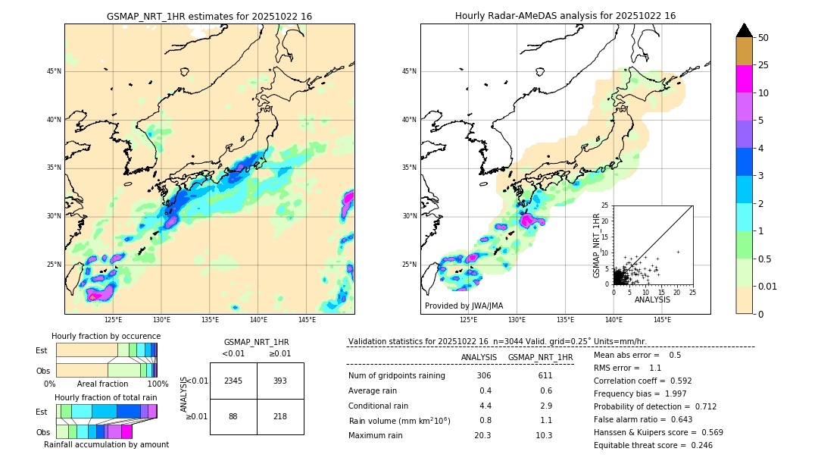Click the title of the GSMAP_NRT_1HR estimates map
tap(209, 16)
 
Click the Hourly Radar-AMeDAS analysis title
tap(565, 16)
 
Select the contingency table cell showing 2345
tap(233, 381)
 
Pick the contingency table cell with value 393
tap(279, 381)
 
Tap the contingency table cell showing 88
tap(233, 416)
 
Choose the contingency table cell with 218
tap(279, 416)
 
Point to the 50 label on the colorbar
tap(763, 38)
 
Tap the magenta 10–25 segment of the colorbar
tap(744, 79)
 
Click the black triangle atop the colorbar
tap(744, 30)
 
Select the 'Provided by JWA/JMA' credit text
tap(464, 306)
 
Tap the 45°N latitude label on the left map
tap(54, 71)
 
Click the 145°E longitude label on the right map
tap(662, 320)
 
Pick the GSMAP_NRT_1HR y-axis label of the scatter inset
tap(596, 245)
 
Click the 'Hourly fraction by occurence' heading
tap(105, 336)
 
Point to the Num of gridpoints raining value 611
tap(545, 375)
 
